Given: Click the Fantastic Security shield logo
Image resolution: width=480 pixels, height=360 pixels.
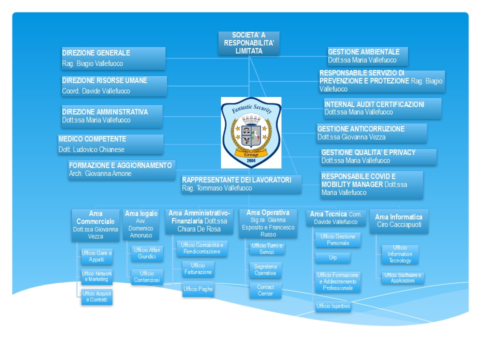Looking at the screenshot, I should click(251, 132).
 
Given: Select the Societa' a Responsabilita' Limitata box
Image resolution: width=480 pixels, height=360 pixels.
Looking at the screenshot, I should click(248, 43).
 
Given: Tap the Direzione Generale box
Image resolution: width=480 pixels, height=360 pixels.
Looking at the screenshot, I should click(113, 58).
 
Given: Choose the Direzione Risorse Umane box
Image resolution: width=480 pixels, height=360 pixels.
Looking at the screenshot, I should click(114, 85).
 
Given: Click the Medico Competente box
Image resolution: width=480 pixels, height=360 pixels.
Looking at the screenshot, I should click(110, 144).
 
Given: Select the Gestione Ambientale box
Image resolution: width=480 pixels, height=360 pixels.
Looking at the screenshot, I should click(367, 56).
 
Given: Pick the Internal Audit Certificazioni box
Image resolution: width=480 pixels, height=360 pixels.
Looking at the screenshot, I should click(382, 108).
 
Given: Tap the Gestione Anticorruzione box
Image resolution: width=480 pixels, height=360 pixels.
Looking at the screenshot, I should click(371, 133).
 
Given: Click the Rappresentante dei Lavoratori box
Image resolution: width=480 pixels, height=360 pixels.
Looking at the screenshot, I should click(241, 183).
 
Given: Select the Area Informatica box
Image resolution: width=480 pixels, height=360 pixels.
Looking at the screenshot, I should click(398, 220).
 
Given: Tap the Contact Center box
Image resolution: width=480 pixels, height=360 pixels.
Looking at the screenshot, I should click(265, 290).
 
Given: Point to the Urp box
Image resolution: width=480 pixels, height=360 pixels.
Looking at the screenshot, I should click(332, 257).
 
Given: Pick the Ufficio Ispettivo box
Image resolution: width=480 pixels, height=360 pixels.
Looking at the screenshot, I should click(333, 306).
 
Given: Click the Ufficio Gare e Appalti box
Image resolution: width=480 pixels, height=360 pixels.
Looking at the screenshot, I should click(96, 256).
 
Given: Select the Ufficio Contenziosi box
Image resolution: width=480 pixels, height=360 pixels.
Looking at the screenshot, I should click(147, 277).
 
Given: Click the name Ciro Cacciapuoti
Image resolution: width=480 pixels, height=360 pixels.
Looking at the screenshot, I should click(398, 225).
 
